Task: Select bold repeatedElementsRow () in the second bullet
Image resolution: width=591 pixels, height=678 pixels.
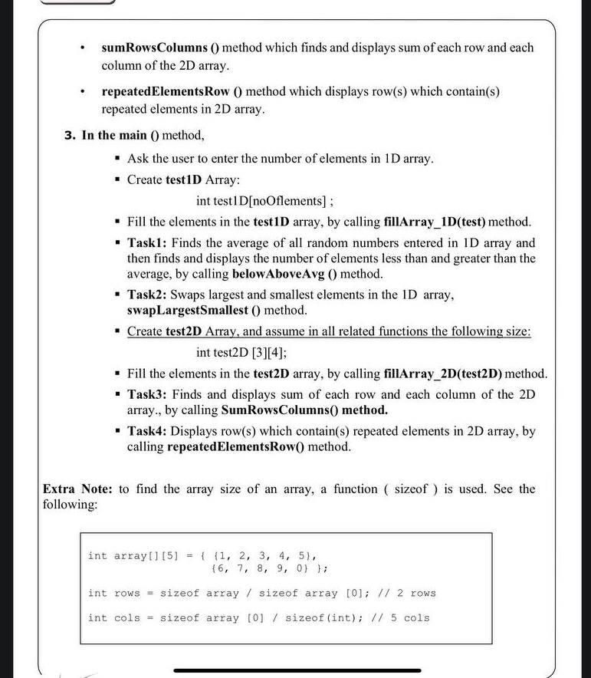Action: [x=172, y=91]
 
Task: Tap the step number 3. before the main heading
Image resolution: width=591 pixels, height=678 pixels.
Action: [x=70, y=136]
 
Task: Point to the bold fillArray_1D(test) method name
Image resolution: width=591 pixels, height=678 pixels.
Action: [x=434, y=222]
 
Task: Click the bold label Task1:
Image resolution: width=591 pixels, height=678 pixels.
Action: [x=147, y=243]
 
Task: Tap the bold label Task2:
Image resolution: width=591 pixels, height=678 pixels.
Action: [x=147, y=295]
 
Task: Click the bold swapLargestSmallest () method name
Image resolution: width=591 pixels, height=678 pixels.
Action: [x=194, y=311]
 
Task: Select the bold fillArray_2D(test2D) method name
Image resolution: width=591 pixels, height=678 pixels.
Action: [x=442, y=374]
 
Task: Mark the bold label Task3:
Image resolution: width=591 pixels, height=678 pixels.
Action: [x=147, y=394]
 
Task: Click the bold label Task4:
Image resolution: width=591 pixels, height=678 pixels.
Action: [x=147, y=431]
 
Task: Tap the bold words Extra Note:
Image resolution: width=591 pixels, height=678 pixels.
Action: [x=77, y=489]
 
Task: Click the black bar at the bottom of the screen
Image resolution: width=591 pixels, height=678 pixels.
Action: [x=295, y=670]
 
